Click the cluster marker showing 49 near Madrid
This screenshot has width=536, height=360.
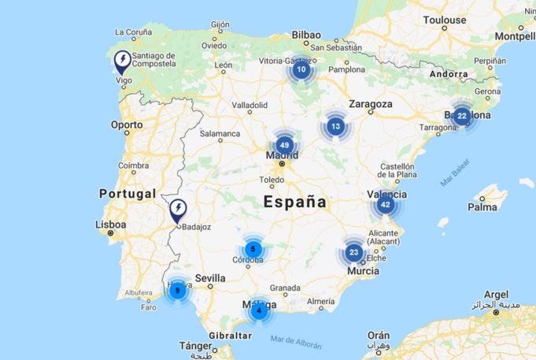point(285,146)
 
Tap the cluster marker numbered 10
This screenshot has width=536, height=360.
point(301,69)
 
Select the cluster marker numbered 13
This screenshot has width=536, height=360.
point(336,126)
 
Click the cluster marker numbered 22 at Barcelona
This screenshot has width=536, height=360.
point(462,116)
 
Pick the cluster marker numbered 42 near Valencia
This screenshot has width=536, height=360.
point(385,205)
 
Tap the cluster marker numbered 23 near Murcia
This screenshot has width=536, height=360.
point(353,253)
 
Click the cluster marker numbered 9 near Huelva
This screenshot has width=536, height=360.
point(178,291)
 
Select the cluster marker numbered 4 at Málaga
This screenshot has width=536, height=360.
point(259,311)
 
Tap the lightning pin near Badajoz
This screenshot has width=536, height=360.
point(179,209)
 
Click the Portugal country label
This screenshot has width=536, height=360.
point(128,194)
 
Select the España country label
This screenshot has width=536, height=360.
point(294,202)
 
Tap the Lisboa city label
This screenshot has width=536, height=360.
point(110,225)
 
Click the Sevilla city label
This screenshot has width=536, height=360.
point(210,278)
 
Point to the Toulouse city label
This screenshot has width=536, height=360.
point(444,20)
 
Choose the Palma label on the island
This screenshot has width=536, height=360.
point(482,207)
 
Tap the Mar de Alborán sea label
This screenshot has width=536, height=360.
point(296,340)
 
